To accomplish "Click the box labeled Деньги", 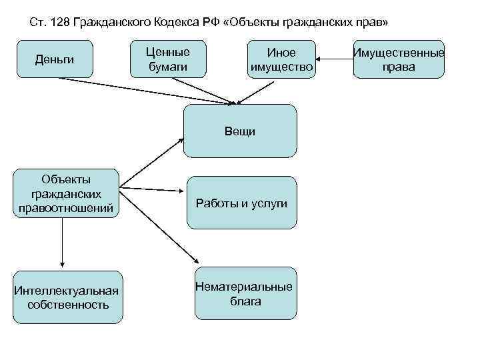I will tap(55, 60).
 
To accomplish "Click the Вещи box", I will tap(240, 131).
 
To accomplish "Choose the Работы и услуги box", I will tap(241, 203).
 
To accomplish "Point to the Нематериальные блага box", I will tap(244, 293).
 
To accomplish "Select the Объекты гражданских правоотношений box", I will tap(66, 194).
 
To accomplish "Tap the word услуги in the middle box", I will tap(269, 203).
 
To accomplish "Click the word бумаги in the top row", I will tap(167, 67).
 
